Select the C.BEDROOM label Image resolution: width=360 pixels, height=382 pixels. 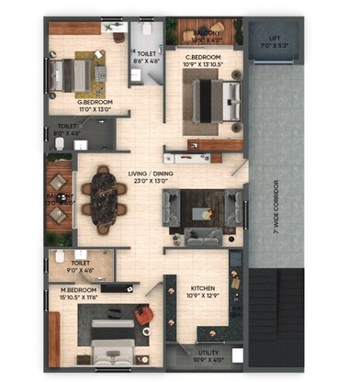tap(204, 58)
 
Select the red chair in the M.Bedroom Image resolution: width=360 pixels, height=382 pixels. tap(142, 315)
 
